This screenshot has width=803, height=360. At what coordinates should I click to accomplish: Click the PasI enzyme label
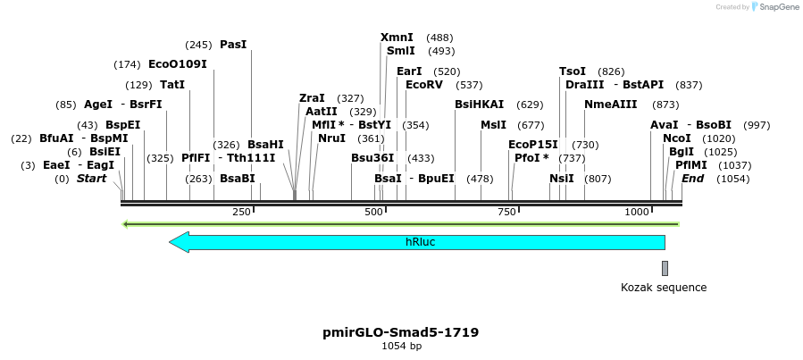click(x=233, y=44)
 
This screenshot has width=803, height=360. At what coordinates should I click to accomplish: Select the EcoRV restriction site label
click(x=424, y=85)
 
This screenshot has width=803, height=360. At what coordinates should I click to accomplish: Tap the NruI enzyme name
click(x=331, y=138)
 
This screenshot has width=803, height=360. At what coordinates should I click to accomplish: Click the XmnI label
click(x=397, y=38)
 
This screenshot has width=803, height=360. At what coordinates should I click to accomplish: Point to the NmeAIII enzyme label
click(x=611, y=105)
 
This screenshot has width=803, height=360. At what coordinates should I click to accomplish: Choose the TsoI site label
click(x=573, y=71)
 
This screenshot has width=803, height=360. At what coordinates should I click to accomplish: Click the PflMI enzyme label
click(x=691, y=165)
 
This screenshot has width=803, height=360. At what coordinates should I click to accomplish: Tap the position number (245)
click(x=198, y=45)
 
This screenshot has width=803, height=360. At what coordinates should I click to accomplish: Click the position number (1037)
click(x=735, y=165)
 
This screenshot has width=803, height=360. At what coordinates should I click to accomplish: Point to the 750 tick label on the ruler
click(x=506, y=212)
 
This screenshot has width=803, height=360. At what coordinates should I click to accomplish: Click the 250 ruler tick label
click(x=241, y=212)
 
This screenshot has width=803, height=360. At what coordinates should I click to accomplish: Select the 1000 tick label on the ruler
click(x=637, y=212)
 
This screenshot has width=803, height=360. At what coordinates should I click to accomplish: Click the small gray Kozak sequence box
click(x=665, y=268)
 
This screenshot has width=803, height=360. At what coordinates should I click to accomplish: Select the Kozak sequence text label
click(x=664, y=288)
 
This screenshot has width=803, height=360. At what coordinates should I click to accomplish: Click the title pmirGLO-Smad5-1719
click(x=401, y=332)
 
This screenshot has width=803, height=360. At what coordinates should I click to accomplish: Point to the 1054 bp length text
click(x=401, y=346)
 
